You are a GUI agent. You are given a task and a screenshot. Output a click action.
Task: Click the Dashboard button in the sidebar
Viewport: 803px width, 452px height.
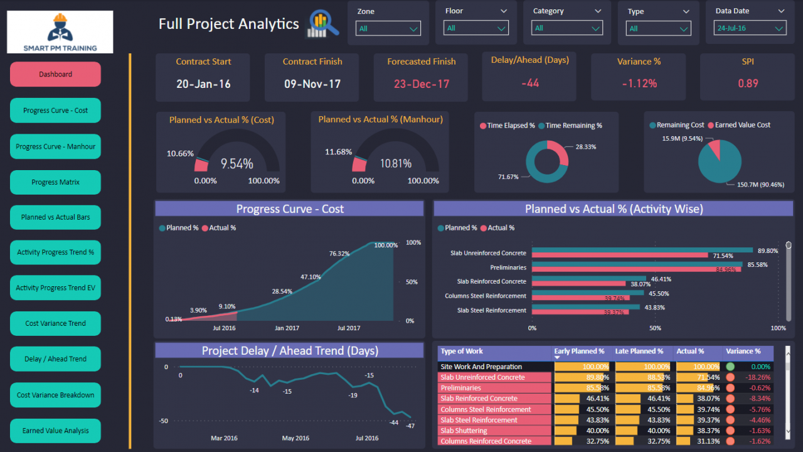coord(55,74)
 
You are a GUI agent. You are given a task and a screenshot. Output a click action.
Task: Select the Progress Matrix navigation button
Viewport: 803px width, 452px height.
coord(55,182)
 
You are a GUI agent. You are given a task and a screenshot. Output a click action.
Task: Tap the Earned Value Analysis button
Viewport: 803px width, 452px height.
coord(55,431)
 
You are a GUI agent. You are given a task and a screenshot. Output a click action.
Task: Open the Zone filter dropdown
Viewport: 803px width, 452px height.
coord(388,28)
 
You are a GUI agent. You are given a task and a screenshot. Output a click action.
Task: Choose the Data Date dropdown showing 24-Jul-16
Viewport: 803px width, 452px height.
coord(750,28)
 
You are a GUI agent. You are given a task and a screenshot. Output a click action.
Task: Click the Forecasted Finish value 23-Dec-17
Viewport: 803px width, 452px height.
coord(422,83)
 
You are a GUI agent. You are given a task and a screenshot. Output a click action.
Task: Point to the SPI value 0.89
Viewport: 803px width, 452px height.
coord(748,83)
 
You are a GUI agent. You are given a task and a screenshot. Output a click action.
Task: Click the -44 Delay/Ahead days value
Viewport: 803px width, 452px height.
coord(530,83)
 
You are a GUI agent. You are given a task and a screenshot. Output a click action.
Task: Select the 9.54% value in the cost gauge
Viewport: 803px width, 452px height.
coord(237,164)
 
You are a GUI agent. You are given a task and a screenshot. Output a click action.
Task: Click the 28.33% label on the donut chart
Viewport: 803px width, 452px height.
coord(585,147)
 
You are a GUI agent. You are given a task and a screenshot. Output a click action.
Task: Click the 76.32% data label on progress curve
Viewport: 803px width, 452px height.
coord(339,254)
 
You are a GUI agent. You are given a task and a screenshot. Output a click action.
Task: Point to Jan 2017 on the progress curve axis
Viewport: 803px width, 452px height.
coord(287,328)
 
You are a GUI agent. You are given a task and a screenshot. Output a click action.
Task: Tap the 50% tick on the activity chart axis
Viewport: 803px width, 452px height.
coord(655,328)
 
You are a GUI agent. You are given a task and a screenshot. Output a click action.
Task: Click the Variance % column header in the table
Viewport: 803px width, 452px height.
coord(743,352)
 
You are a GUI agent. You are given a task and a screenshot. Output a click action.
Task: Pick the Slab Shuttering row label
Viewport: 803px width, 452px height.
coord(464,431)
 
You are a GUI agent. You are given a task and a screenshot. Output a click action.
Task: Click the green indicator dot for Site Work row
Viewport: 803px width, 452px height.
coord(730,367)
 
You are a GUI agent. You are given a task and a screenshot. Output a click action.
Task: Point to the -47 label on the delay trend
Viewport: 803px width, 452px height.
coord(410,426)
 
